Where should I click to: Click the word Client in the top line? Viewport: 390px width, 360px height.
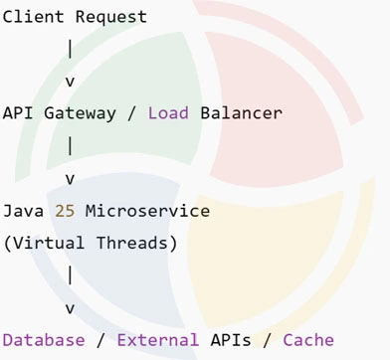33,17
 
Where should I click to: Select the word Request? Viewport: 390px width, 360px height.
111,17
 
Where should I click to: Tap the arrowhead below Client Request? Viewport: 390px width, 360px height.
70,81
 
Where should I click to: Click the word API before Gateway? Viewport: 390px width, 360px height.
18,112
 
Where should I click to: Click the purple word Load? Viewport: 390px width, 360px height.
169,112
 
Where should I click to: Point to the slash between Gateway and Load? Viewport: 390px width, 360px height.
132,112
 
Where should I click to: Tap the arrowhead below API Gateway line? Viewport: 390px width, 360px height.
70,179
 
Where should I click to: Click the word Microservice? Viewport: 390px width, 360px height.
148,211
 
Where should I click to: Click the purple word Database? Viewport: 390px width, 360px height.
44,340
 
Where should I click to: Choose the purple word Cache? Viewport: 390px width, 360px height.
309,340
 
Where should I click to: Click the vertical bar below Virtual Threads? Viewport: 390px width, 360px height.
70,273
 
